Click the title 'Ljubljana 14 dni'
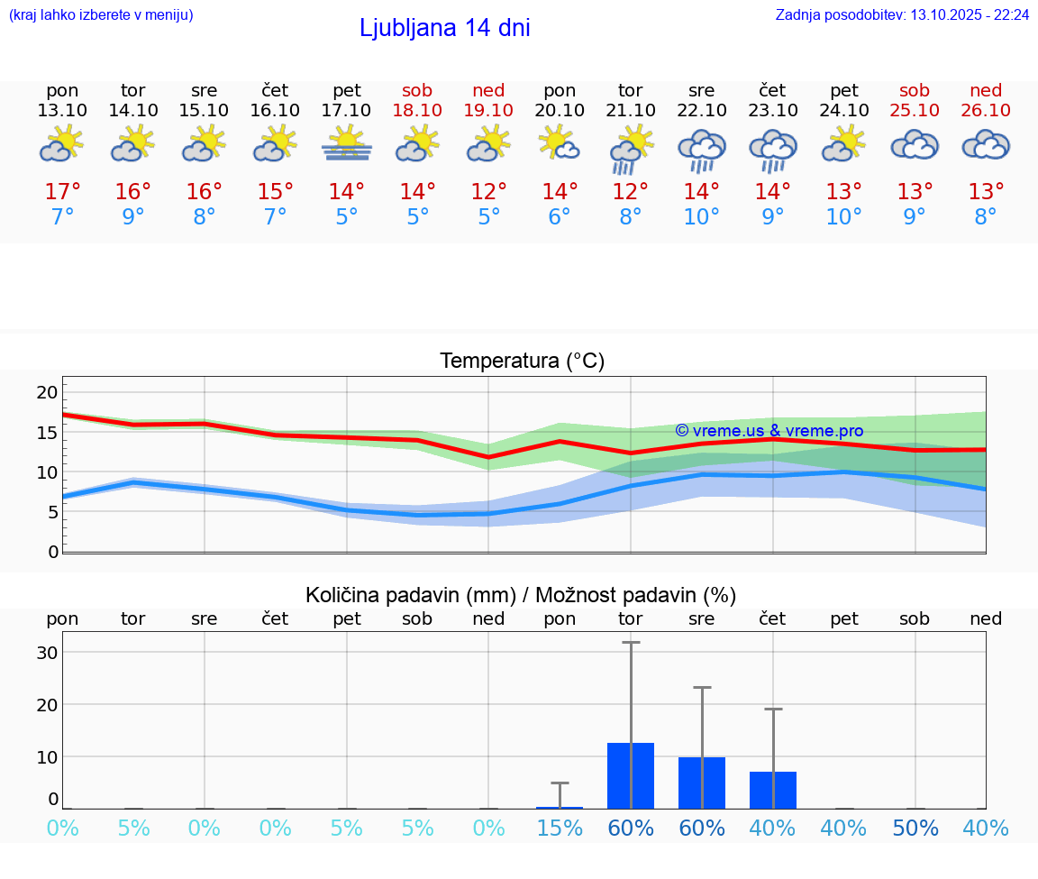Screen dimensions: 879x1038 (x=444, y=28)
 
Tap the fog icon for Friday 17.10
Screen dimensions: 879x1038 (x=347, y=143)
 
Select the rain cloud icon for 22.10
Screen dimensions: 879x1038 (x=702, y=148)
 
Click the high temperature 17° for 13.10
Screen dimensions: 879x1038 (x=62, y=192)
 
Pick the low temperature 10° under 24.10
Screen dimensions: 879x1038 (x=844, y=217)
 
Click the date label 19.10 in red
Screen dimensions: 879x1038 (x=488, y=110)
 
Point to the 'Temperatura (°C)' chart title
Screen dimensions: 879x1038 (x=522, y=362)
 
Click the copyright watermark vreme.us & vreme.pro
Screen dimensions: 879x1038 (x=769, y=431)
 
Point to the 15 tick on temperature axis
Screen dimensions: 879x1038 (x=47, y=432)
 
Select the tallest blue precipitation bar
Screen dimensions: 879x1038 (x=631, y=775)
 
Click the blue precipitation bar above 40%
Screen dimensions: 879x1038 (x=773, y=790)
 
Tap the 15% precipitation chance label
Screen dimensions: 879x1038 (x=560, y=828)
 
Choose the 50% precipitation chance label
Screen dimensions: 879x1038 (x=915, y=828)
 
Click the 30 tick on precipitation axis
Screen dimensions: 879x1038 (x=47, y=653)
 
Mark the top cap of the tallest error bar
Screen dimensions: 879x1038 (x=631, y=642)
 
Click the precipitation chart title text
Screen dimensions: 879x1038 (x=521, y=595)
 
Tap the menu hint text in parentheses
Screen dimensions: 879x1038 (x=101, y=15)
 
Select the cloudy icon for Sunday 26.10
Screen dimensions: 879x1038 (x=986, y=144)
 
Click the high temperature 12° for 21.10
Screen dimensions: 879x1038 (x=631, y=192)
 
